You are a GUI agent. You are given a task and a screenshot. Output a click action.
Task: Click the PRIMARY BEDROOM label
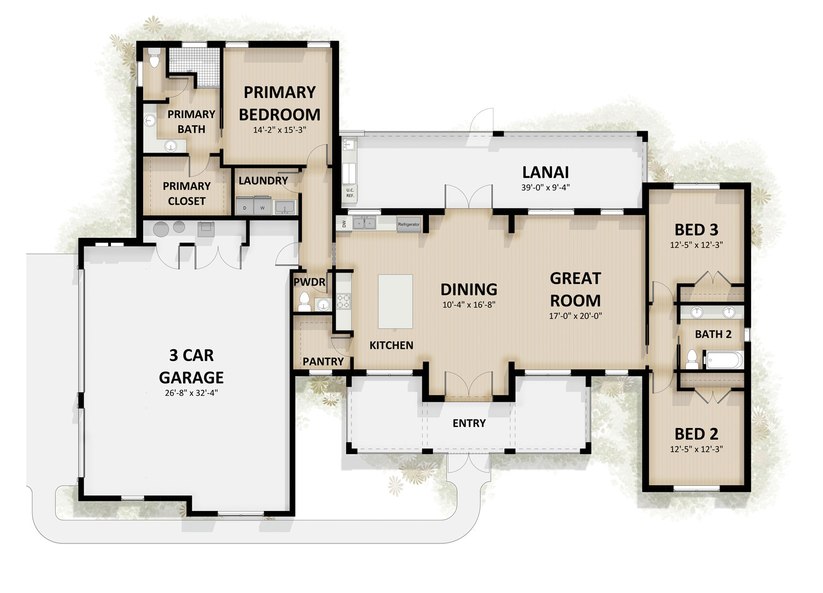280,103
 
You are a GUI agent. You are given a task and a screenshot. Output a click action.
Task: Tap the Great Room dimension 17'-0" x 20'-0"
575,316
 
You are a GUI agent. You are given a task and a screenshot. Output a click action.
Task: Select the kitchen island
395,301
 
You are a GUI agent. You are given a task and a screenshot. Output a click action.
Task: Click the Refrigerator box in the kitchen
409,224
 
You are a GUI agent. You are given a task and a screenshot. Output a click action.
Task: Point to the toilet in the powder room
304,302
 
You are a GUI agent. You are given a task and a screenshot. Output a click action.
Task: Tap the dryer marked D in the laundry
245,206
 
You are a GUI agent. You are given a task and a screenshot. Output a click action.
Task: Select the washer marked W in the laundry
263,206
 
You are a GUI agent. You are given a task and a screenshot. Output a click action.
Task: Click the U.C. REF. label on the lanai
350,193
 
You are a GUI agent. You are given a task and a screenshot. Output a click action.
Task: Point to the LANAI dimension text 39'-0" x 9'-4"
545,187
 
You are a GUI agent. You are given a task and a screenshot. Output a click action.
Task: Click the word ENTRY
469,423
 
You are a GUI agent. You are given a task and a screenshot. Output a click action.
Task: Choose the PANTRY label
323,362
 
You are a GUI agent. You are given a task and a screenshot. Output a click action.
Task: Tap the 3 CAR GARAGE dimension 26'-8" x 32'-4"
191,393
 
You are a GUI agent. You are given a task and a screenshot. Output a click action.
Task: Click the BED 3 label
696,230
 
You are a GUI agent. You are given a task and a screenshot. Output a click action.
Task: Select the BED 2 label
696,434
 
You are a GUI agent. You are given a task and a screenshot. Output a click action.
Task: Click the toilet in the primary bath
155,59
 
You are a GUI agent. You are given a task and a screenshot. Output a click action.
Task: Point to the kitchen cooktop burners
343,301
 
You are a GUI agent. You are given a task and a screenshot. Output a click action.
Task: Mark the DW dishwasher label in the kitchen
344,224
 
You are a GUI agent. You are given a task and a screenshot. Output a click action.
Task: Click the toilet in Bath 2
692,359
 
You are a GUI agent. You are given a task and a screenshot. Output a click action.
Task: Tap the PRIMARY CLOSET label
186,193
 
